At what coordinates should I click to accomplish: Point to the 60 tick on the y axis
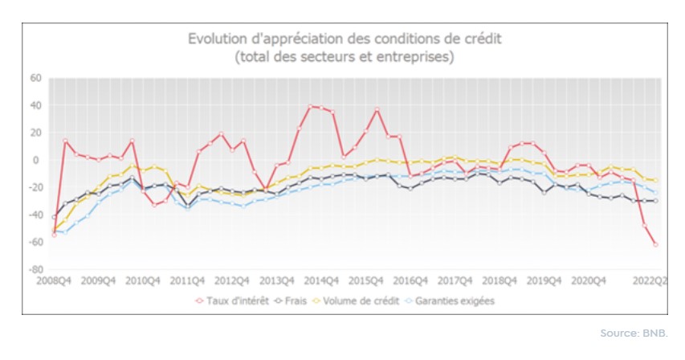click(35, 78)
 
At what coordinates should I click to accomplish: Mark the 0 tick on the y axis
click(37, 161)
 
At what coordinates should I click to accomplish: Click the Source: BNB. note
click(634, 333)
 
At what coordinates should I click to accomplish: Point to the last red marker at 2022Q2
click(655, 244)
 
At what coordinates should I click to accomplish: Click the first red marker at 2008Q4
click(55, 235)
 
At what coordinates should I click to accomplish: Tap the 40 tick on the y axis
click(35, 105)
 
